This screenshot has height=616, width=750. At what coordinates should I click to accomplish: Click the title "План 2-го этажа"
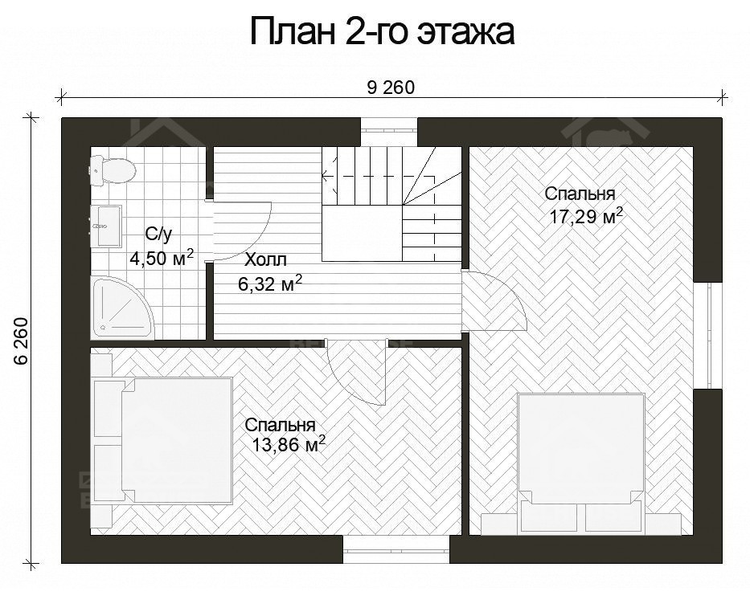[382, 32]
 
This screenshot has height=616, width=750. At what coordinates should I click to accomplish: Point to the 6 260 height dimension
[22, 341]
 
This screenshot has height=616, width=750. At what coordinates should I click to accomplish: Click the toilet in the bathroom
[112, 169]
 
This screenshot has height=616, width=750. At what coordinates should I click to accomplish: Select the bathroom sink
[106, 226]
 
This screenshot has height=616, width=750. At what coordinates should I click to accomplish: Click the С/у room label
[158, 235]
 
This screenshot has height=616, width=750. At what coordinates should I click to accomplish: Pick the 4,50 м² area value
[162, 258]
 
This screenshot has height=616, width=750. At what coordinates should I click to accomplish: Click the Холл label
[265, 260]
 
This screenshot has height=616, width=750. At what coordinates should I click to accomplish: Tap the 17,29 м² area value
[586, 217]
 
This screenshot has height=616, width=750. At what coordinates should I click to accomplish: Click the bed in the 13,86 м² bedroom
[163, 440]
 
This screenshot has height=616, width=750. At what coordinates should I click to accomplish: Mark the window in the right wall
[708, 335]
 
